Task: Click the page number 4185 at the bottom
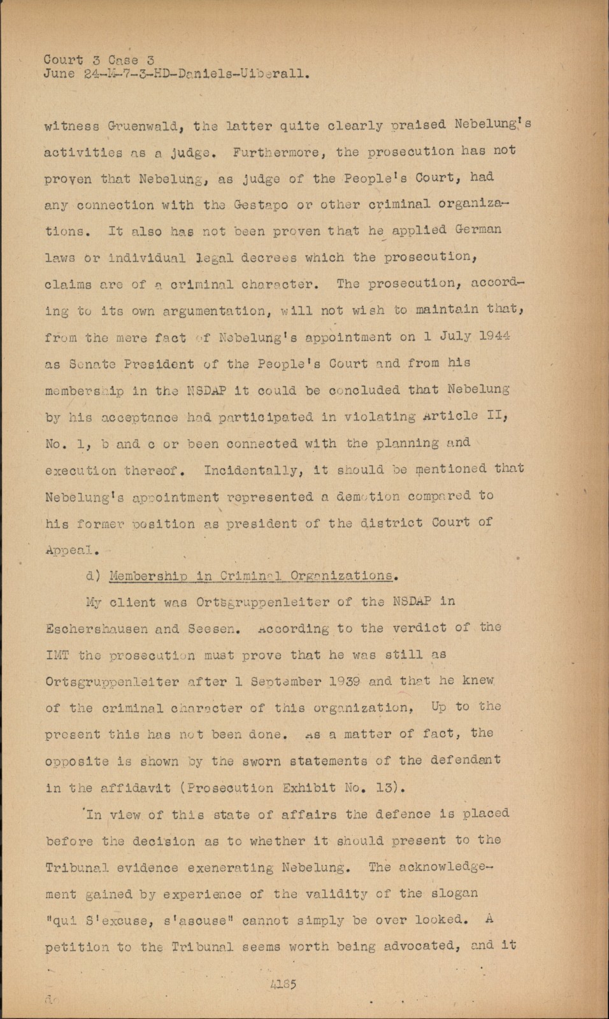(283, 984)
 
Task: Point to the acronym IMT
(58, 655)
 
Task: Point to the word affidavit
(136, 788)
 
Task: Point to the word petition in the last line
(77, 947)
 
